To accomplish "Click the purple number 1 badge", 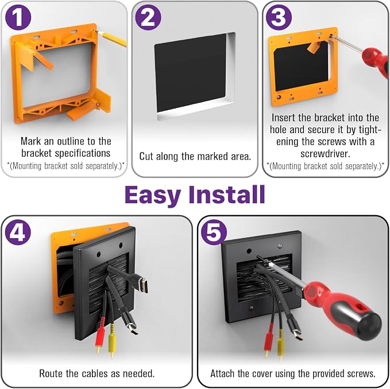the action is (18, 18).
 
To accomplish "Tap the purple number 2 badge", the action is (148, 18).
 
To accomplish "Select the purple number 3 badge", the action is (279, 18).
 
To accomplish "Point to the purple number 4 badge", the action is (18, 232).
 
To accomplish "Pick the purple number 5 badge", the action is (214, 232).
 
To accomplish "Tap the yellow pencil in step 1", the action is (111, 38).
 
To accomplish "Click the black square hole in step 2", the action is (191, 73).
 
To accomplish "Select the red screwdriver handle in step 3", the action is (376, 61).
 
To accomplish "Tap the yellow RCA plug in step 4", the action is (111, 340).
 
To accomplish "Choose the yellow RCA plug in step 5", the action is (280, 344).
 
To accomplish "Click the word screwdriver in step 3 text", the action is (325, 154).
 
